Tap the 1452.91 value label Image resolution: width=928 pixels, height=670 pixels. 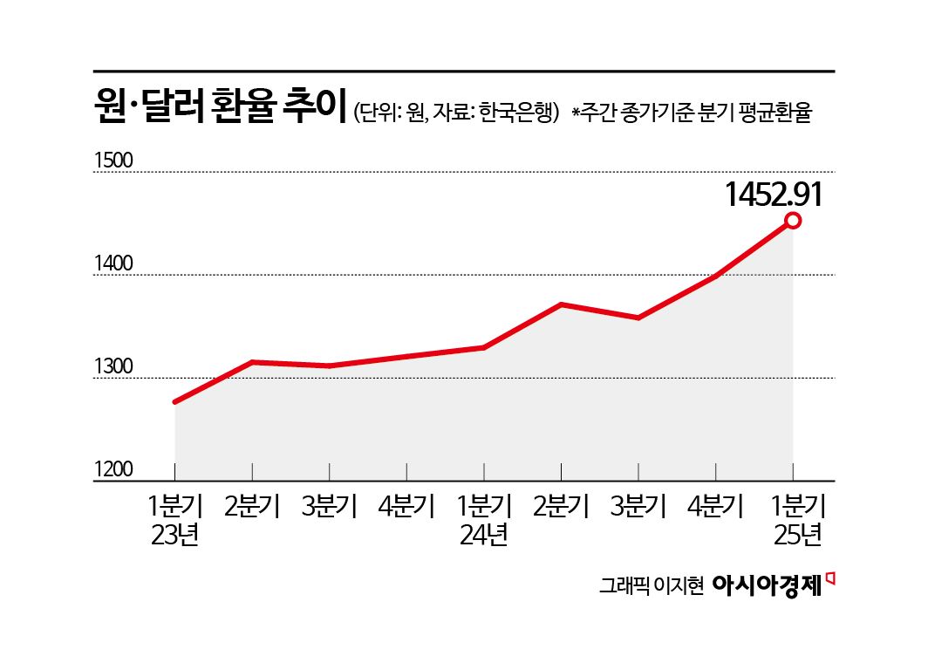[x=774, y=194]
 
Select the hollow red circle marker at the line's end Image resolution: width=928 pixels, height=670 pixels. [x=793, y=221]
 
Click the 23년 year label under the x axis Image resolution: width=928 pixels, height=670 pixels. [x=175, y=535]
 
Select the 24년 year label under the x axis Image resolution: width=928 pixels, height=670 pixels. [x=484, y=535]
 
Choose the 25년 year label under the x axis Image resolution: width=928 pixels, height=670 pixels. [x=793, y=535]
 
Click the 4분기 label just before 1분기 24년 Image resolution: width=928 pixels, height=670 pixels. [x=406, y=506]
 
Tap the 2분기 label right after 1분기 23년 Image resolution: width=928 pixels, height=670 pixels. [x=252, y=506]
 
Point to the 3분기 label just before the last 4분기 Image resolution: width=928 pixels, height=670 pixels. [x=638, y=506]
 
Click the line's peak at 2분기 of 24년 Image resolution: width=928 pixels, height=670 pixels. [x=561, y=304]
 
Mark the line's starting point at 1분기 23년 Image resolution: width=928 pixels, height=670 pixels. [x=175, y=402]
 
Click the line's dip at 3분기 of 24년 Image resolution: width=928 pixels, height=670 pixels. [x=638, y=318]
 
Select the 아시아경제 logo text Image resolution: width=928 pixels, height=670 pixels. [x=768, y=585]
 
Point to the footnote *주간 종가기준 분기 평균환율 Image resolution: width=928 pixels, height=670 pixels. [x=692, y=113]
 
